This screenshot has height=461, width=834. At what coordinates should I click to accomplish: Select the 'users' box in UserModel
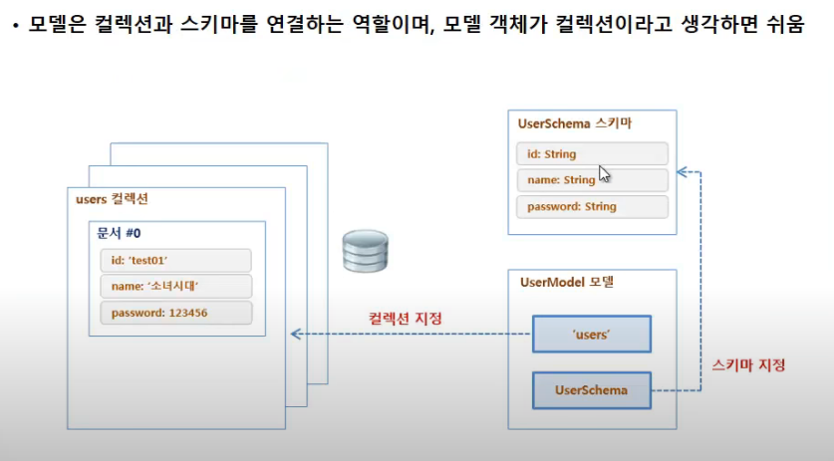pyautogui.click(x=591, y=335)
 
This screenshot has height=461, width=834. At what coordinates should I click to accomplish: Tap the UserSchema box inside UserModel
pyautogui.click(x=591, y=390)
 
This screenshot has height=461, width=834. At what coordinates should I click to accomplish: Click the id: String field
pyautogui.click(x=592, y=154)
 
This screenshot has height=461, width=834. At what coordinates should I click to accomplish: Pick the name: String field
pyautogui.click(x=592, y=180)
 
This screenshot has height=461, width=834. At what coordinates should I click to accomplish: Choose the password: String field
pyautogui.click(x=592, y=207)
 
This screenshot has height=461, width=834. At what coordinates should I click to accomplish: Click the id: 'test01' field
pyautogui.click(x=175, y=261)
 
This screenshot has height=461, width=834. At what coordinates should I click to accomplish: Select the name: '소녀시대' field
pyautogui.click(x=175, y=287)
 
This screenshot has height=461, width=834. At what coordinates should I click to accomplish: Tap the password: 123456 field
pyautogui.click(x=175, y=313)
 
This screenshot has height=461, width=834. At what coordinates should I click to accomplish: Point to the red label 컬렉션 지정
pyautogui.click(x=406, y=319)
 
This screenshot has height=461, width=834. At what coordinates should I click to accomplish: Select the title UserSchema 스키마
pyautogui.click(x=575, y=124)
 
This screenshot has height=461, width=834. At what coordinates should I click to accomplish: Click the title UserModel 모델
pyautogui.click(x=566, y=282)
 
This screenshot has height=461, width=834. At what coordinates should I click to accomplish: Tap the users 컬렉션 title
pyautogui.click(x=112, y=199)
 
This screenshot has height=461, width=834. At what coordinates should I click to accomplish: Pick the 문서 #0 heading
pyautogui.click(x=119, y=232)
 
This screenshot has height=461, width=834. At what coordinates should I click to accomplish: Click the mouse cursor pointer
pyautogui.click(x=604, y=175)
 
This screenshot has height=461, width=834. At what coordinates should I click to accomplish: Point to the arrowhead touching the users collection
pyautogui.click(x=295, y=335)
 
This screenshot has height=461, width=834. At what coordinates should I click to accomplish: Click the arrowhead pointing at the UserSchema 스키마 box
pyautogui.click(x=682, y=172)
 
